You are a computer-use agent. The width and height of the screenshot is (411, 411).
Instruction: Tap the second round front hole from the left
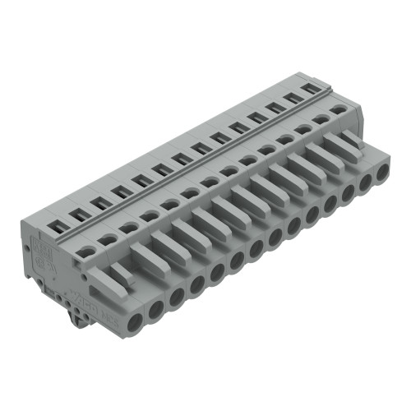click(155, 308)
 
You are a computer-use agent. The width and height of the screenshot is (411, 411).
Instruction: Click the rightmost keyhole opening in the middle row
click(339, 109)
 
